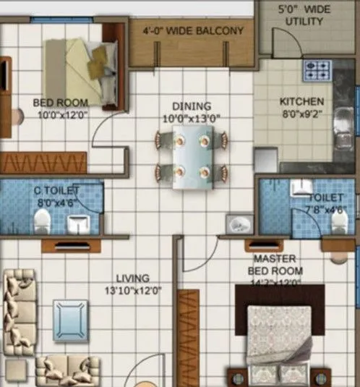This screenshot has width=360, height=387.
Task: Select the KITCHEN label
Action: pyautogui.click(x=301, y=102)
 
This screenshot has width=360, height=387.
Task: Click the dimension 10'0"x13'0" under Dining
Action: pyautogui.click(x=191, y=117)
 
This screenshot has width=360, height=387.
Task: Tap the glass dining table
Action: pyautogui.click(x=191, y=157)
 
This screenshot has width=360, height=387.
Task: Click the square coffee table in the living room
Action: pyautogui.click(x=70, y=318)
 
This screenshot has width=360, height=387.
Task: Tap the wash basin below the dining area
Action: pyautogui.click(x=236, y=224)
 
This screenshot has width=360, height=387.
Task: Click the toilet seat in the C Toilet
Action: pyautogui.click(x=43, y=219)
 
